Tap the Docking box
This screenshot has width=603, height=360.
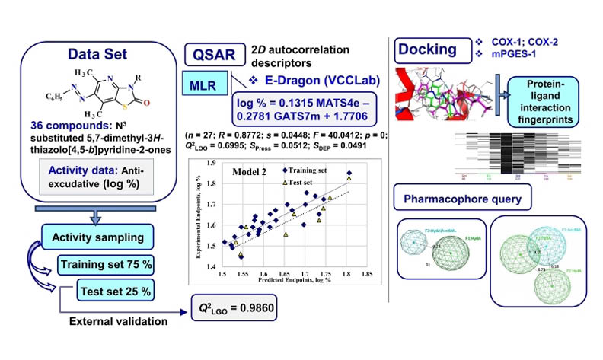coord(426,50)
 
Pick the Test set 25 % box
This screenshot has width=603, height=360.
coord(115,290)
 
